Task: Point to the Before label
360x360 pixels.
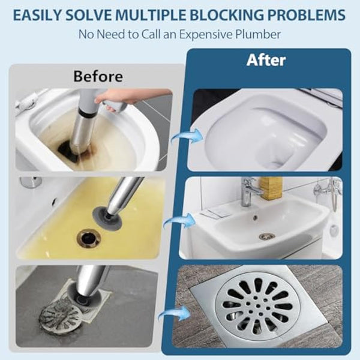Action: pos(98,76)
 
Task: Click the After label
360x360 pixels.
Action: pos(267,61)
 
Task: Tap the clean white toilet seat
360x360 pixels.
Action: pos(264,135)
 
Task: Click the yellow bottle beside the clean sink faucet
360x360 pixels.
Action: pos(272,188)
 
